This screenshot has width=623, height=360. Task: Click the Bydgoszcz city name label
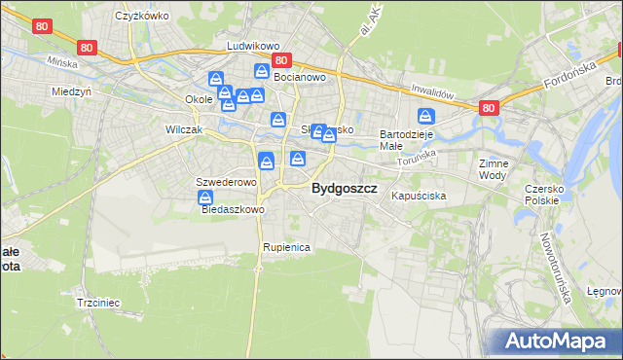click(x=345, y=189)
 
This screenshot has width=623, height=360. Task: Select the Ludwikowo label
click(x=253, y=46)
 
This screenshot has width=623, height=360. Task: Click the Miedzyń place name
click(x=71, y=91)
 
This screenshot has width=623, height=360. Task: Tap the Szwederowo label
click(x=226, y=182)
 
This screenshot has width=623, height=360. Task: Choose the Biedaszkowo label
click(x=234, y=209)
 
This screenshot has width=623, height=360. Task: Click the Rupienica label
click(x=286, y=247)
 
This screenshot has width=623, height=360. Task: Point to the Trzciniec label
click(x=97, y=303)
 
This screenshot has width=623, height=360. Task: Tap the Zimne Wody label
click(x=494, y=169)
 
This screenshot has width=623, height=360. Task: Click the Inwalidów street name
click(x=433, y=92)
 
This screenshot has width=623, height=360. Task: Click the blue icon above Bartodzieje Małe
click(x=426, y=117)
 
